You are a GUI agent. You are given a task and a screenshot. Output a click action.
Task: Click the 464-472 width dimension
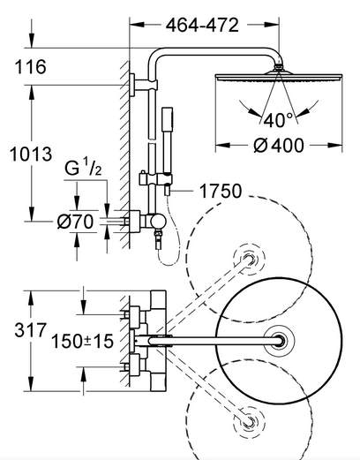pyautogui.click(x=202, y=26)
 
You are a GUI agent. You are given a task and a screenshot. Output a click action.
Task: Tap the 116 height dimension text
pyautogui.click(x=31, y=67)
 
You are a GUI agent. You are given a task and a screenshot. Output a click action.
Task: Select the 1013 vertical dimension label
pyautogui.click(x=31, y=154)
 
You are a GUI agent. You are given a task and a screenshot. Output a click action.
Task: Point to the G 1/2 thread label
pyautogui.click(x=83, y=168)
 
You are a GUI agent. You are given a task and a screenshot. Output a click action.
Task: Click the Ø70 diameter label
pyautogui.click(x=75, y=222)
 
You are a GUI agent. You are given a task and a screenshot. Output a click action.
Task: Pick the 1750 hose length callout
pyautogui.click(x=221, y=191)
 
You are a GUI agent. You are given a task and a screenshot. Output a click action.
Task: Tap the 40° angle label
pyautogui.click(x=278, y=120)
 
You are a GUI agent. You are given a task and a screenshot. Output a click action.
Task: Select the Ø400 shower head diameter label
pyautogui.click(x=278, y=146)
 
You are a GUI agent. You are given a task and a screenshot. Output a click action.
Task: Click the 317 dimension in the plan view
pyautogui.click(x=31, y=330)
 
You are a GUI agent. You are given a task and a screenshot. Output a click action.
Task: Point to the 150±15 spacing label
pyautogui.click(x=82, y=341)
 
